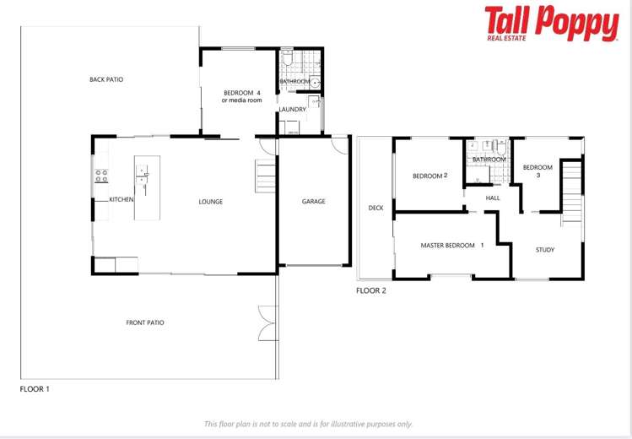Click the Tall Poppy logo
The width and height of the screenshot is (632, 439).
click(x=551, y=23)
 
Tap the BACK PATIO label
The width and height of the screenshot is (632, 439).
click(x=106, y=79)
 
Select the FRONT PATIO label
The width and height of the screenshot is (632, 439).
click(x=145, y=322)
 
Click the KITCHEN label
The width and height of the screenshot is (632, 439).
click(x=121, y=199)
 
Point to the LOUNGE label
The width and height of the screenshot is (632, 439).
click(x=210, y=202)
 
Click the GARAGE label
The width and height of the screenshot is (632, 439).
click(x=313, y=202)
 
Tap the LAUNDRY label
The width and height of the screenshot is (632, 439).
click(x=292, y=109)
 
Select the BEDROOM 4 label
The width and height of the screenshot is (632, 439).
click(x=242, y=92)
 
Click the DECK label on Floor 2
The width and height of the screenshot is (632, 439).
click(x=375, y=208)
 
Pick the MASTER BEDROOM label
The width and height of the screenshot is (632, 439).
click(x=452, y=246)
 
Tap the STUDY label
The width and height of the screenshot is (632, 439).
click(x=545, y=250)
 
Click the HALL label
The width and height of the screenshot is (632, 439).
click(x=493, y=198)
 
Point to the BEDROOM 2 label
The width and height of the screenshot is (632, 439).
click(x=429, y=176)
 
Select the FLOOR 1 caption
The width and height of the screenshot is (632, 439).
click(x=35, y=389)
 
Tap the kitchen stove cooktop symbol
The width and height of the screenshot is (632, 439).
click(x=100, y=176)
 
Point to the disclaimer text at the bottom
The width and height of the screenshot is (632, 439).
click(x=309, y=424)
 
